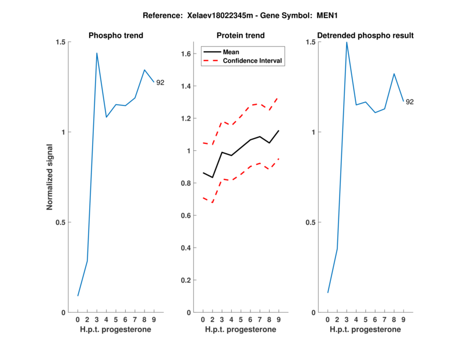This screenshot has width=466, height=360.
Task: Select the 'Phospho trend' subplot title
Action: coord(116,36)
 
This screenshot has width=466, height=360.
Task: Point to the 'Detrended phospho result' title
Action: coord(366,36)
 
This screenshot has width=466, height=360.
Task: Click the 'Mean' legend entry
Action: coord(231,52)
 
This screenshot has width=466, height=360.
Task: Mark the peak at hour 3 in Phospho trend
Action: coord(97,53)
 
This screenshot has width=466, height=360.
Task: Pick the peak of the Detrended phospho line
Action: coord(347,42)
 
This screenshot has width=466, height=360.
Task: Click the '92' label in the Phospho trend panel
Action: coord(160,83)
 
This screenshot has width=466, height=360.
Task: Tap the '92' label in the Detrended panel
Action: coord(410,102)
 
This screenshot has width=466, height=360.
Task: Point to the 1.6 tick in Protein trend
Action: coord(186,54)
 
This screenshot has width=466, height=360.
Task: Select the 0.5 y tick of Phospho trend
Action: coord(61,222)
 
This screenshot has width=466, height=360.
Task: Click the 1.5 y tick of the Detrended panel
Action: coord(310,42)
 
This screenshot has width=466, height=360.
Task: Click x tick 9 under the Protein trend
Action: coord(279,320)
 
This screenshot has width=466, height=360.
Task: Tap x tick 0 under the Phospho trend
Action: coord(78,320)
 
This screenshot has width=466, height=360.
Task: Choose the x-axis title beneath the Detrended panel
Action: coord(366,329)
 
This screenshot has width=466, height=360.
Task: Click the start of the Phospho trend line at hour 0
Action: coord(78,296)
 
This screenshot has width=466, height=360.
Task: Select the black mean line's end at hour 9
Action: coord(279,130)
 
